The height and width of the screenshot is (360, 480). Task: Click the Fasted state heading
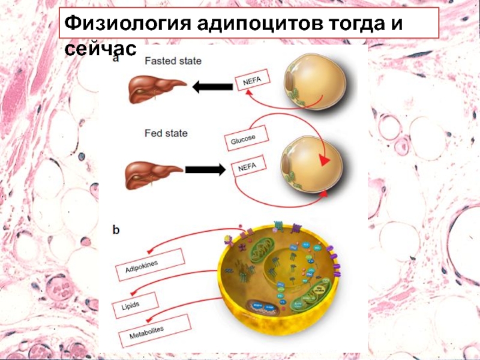click(172, 61)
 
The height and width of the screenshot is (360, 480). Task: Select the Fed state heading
click(166, 133)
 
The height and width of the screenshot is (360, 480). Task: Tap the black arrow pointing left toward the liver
click(213, 88)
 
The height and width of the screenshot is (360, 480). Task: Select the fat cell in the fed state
click(314, 166)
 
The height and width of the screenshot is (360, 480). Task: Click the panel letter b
click(116, 229)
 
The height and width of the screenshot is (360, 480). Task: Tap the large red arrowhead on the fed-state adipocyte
click(325, 161)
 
